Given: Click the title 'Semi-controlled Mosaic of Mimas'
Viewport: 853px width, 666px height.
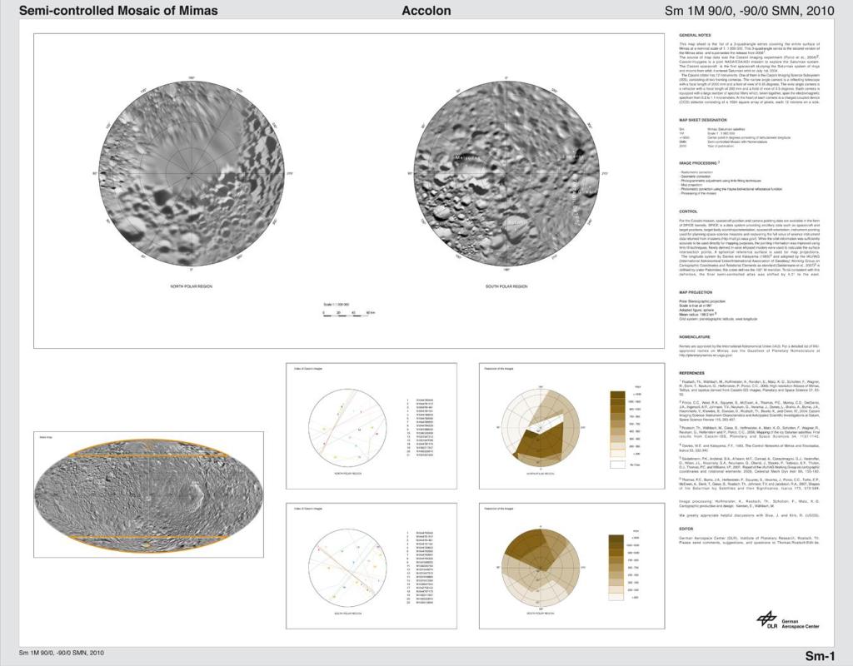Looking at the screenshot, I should tap(117, 11).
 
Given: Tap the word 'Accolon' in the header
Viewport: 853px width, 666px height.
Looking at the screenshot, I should tap(426, 11).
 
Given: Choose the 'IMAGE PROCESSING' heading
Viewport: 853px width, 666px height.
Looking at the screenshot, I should tap(699, 162).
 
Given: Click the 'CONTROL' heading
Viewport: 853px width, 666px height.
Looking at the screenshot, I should tap(688, 211).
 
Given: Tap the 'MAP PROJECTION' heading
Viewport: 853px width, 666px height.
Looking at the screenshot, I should tap(696, 292).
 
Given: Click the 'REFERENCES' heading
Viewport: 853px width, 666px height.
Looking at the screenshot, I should tap(693, 372).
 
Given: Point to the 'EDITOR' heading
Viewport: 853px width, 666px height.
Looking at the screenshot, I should tap(686, 529).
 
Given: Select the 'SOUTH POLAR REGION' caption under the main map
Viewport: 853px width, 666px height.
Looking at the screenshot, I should tap(506, 286).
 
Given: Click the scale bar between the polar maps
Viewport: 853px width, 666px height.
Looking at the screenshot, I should tap(350, 312).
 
